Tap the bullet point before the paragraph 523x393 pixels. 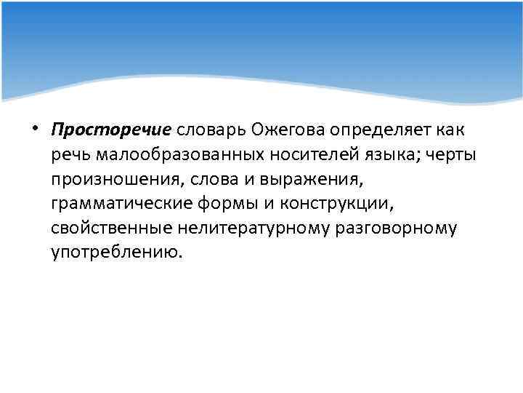[x=36, y=129]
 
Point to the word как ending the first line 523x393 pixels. [x=453, y=129]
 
